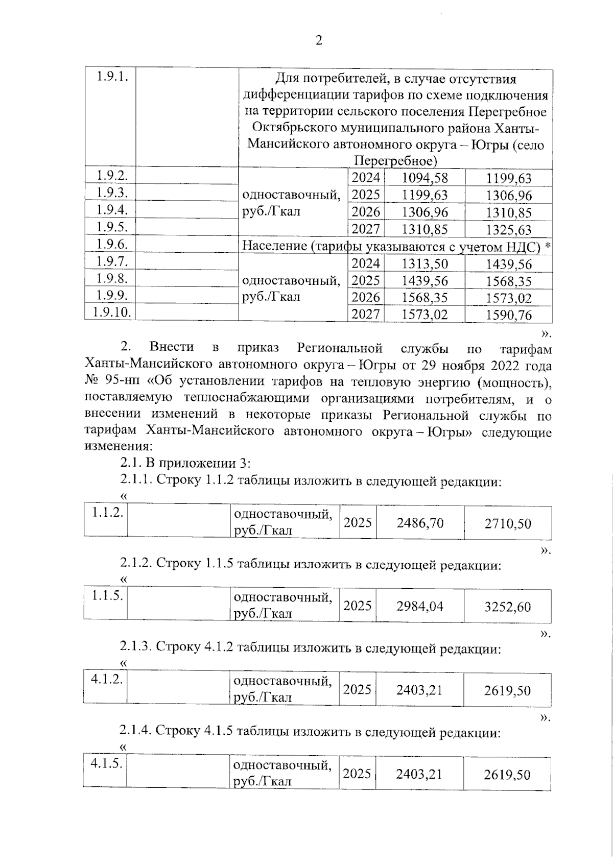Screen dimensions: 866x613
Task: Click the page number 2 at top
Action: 318,41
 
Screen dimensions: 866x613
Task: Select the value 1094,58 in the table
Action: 425,178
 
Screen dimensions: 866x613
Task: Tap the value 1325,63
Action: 508,230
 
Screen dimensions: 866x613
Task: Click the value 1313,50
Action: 425,263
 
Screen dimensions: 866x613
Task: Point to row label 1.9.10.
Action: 110,312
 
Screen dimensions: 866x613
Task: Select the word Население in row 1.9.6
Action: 274,247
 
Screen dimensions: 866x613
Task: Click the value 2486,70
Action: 420,523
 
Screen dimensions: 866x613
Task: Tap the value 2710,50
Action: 508,523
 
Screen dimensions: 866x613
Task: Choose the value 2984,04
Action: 420,607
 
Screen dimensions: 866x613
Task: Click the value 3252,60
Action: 508,607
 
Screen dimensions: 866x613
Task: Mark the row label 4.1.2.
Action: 106,680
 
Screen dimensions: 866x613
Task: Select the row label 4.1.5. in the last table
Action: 106,763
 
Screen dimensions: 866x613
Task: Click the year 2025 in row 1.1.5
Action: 357,606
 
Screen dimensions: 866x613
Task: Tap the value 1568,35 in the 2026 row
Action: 425,298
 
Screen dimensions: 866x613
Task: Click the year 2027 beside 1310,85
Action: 366,229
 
